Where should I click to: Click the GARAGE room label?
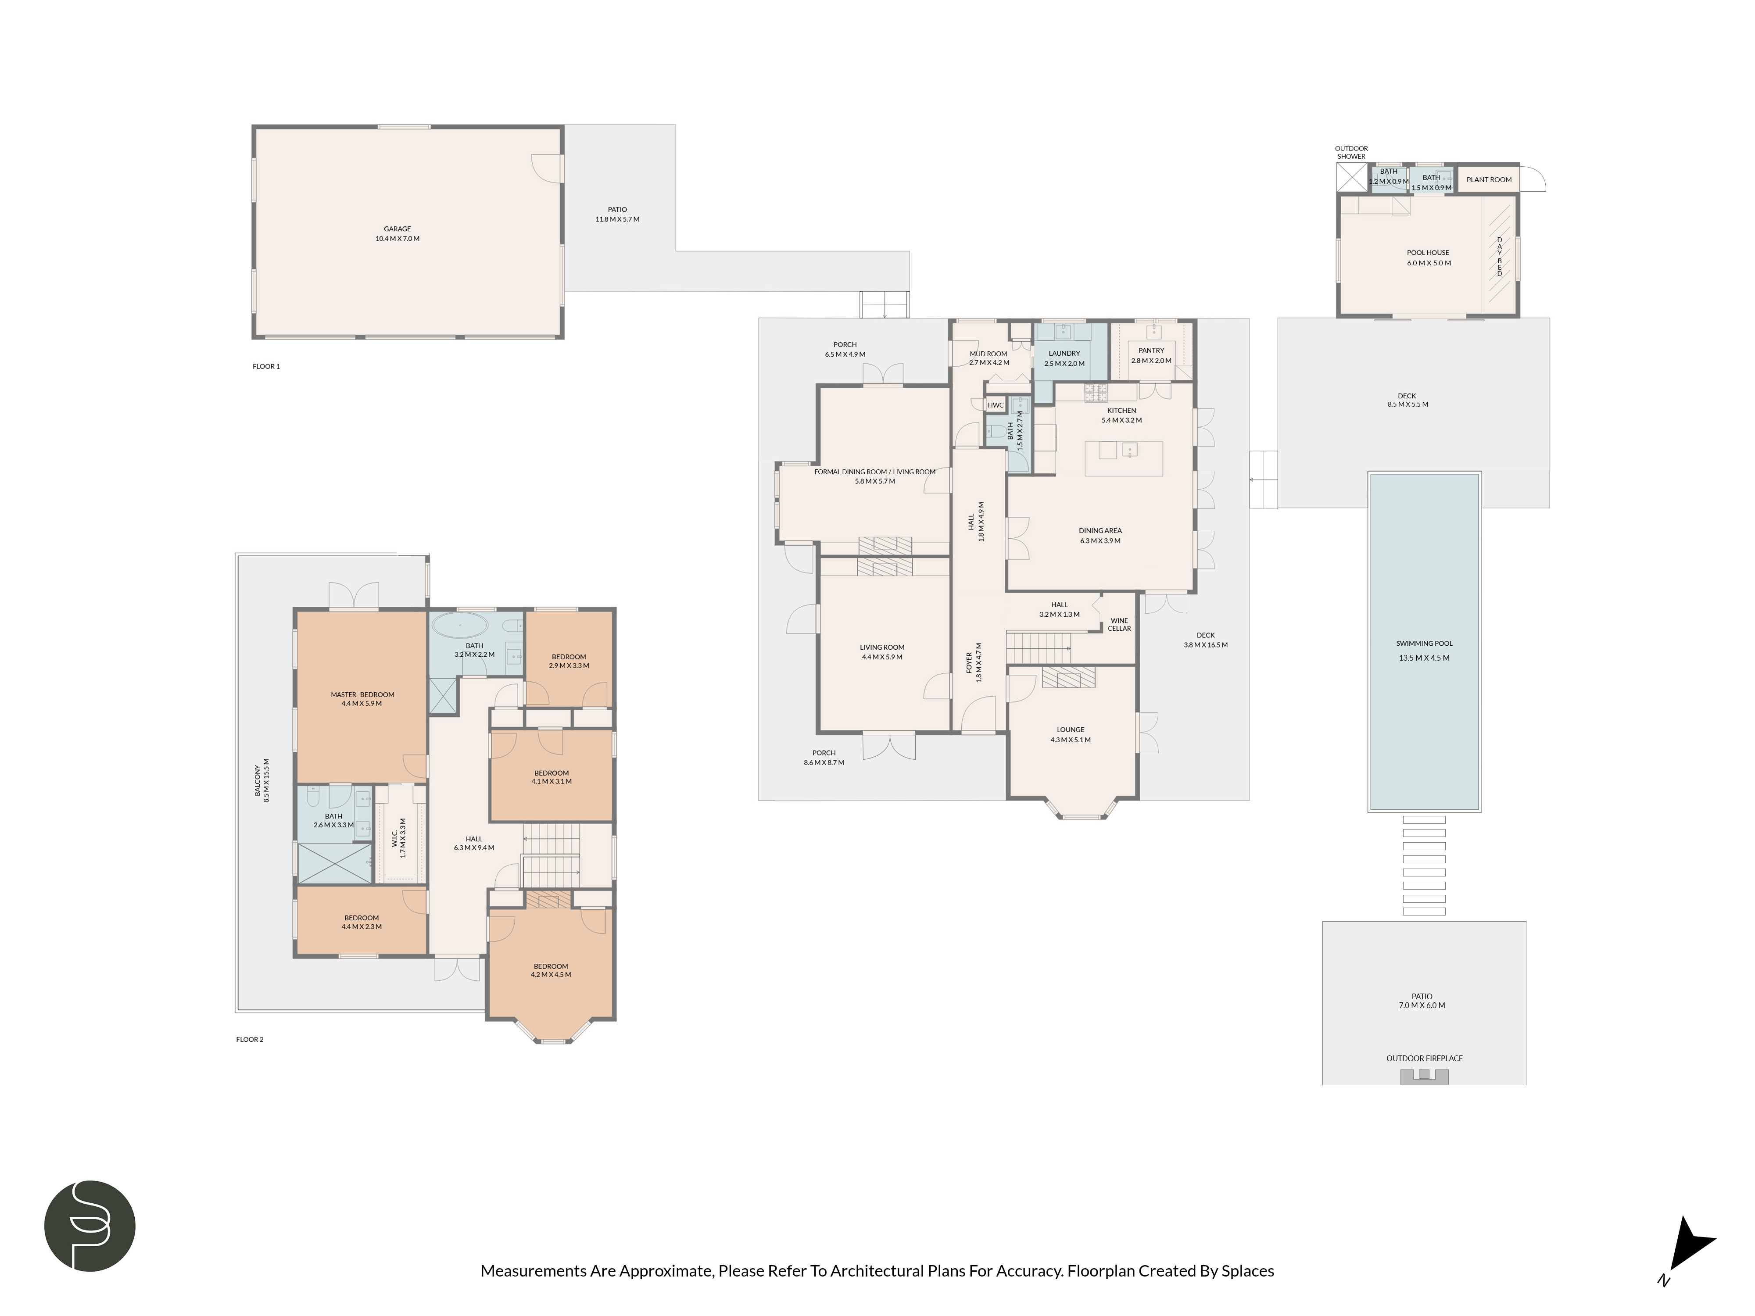coord(398,233)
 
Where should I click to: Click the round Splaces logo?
coord(90,1226)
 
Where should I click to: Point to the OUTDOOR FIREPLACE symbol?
coord(1424,1076)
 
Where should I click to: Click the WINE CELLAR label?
coord(1119,624)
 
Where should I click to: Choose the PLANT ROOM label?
coord(1488,180)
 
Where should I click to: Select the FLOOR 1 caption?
coord(266,366)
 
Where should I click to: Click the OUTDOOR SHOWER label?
coord(1351,152)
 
